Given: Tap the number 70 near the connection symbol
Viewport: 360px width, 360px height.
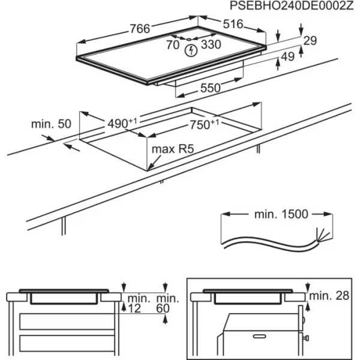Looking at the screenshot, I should pos(173,45).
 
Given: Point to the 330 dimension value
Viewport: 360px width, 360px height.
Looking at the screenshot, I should pos(211,45).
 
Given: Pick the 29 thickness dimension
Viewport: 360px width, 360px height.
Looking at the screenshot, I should pos(310,41).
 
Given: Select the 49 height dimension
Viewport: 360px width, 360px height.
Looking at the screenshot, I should pos(289,57).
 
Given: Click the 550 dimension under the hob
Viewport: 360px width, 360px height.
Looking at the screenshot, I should pos(211,88).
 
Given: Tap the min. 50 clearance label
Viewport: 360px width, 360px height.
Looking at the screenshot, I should pos(51,124).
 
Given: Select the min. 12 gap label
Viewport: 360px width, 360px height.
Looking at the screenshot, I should pos(138,303).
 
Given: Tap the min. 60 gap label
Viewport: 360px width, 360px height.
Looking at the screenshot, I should pos(167,303).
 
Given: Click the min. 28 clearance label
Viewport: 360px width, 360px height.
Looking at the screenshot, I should pos(329,295).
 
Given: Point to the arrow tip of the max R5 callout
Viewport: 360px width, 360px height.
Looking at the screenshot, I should pos(148,170).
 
